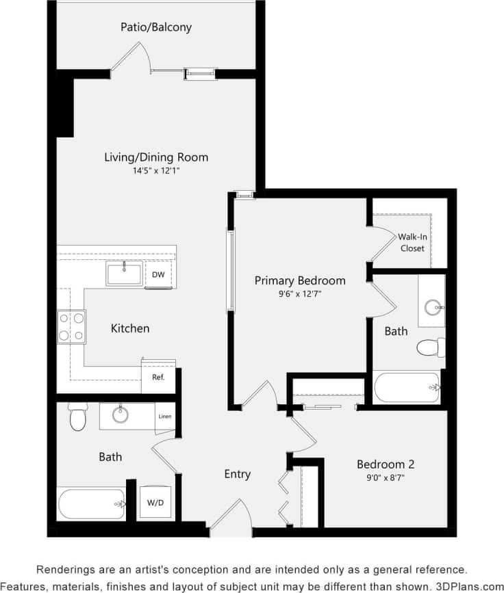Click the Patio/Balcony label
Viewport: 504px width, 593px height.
tap(156, 28)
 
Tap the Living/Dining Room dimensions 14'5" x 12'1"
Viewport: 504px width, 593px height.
tap(156, 171)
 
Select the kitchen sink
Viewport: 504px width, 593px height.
tap(124, 274)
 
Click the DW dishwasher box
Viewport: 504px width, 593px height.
tap(158, 275)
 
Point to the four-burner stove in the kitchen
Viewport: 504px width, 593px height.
tap(71, 326)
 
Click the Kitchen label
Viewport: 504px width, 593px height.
tap(130, 328)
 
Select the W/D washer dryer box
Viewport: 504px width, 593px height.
tap(155, 503)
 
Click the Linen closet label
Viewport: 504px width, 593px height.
tap(164, 417)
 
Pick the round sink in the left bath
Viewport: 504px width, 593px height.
tap(121, 414)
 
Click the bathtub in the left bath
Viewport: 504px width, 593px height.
tap(91, 503)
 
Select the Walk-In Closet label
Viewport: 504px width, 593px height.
tap(412, 242)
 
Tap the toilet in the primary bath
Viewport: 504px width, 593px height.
tap(430, 347)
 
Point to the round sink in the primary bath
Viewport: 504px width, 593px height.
tap(433, 307)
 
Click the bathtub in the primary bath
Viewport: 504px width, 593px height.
tap(407, 387)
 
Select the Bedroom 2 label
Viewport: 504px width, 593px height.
tap(386, 464)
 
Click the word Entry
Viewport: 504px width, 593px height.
tap(238, 474)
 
